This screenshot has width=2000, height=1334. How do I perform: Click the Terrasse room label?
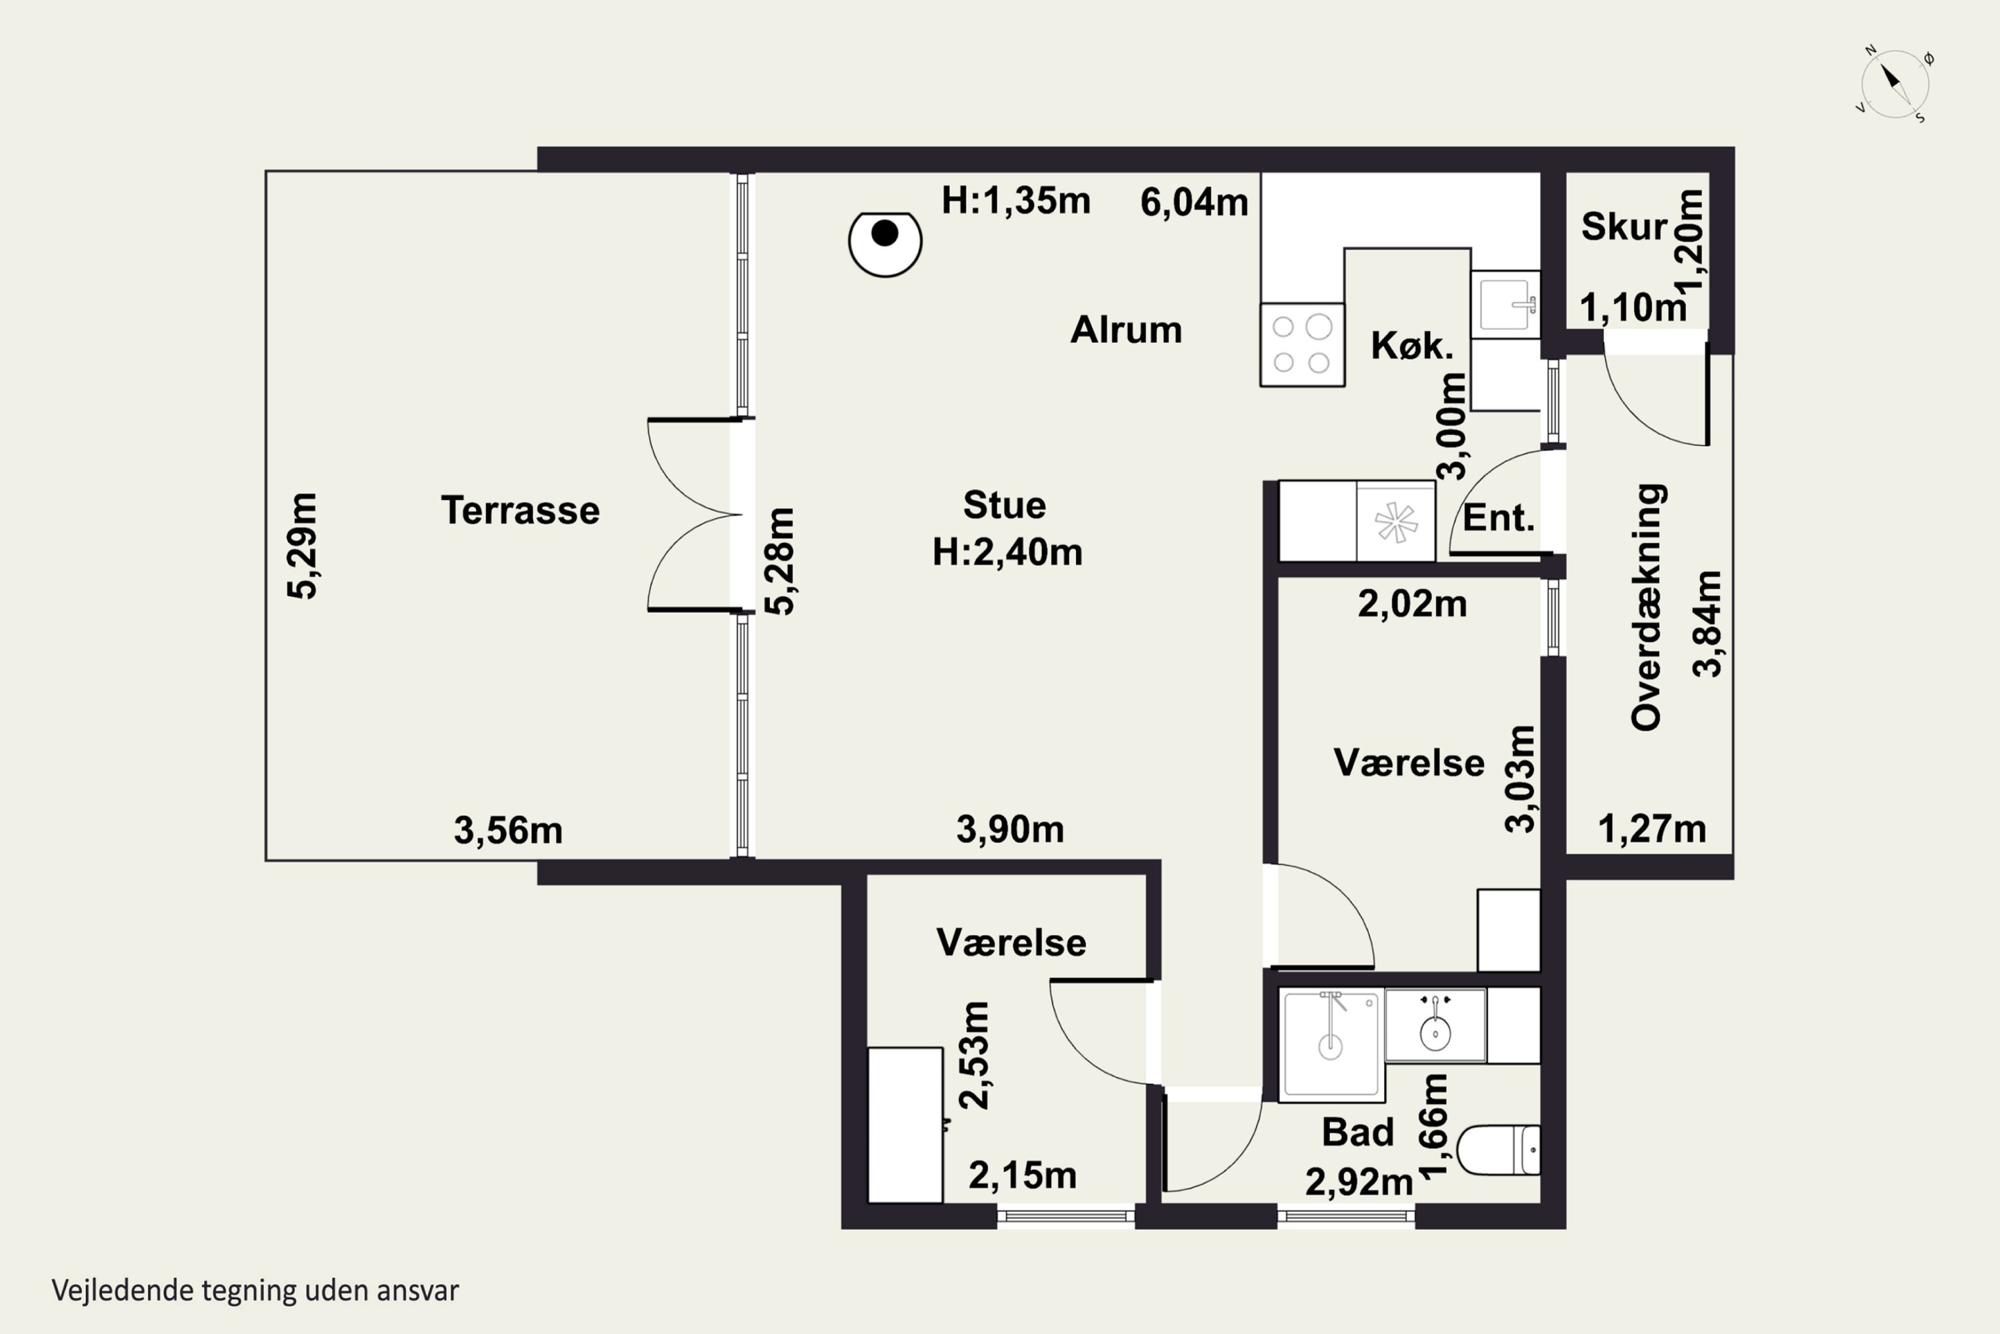[521, 510]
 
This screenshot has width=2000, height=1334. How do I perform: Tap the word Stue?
[1004, 506]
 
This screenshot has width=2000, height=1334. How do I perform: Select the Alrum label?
[1126, 330]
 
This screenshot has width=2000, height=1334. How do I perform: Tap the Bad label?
[1358, 1133]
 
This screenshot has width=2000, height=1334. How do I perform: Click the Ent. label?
[1498, 518]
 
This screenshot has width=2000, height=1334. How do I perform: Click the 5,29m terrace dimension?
[303, 546]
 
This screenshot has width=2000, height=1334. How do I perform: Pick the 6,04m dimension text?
[1194, 203]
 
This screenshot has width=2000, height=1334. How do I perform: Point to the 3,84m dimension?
[1707, 624]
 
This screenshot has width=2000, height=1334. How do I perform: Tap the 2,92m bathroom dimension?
[1359, 1182]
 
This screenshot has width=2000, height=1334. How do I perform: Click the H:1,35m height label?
[1015, 201]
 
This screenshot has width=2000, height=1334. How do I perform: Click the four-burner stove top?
[1302, 346]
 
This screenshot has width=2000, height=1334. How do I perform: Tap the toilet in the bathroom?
[1498, 1149]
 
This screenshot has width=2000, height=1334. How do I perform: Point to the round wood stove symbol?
[885, 243]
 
